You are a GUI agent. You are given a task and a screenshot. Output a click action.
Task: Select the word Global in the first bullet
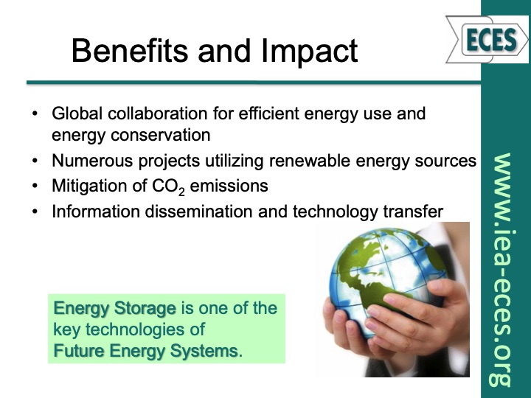tap(75, 115)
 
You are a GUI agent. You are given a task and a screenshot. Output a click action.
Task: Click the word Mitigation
tap(85, 186)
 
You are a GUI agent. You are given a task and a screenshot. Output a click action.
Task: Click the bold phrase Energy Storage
tap(114, 308)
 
